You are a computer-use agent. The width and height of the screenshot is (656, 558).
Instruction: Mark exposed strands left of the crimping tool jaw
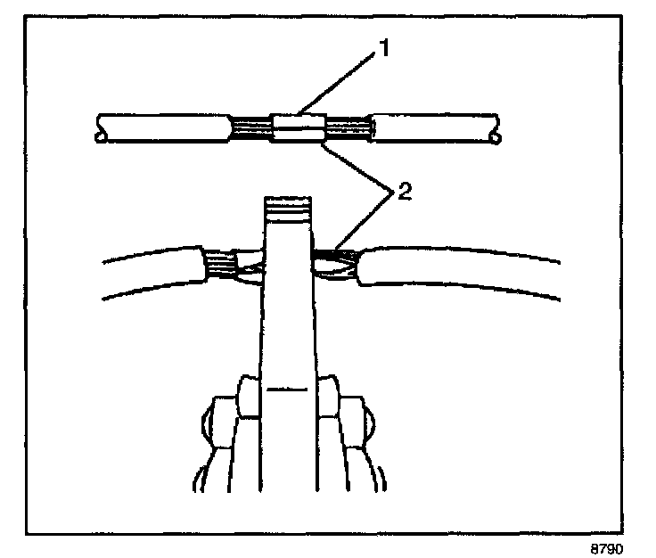[223, 266]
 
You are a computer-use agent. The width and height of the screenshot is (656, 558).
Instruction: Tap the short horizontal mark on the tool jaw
[287, 390]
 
